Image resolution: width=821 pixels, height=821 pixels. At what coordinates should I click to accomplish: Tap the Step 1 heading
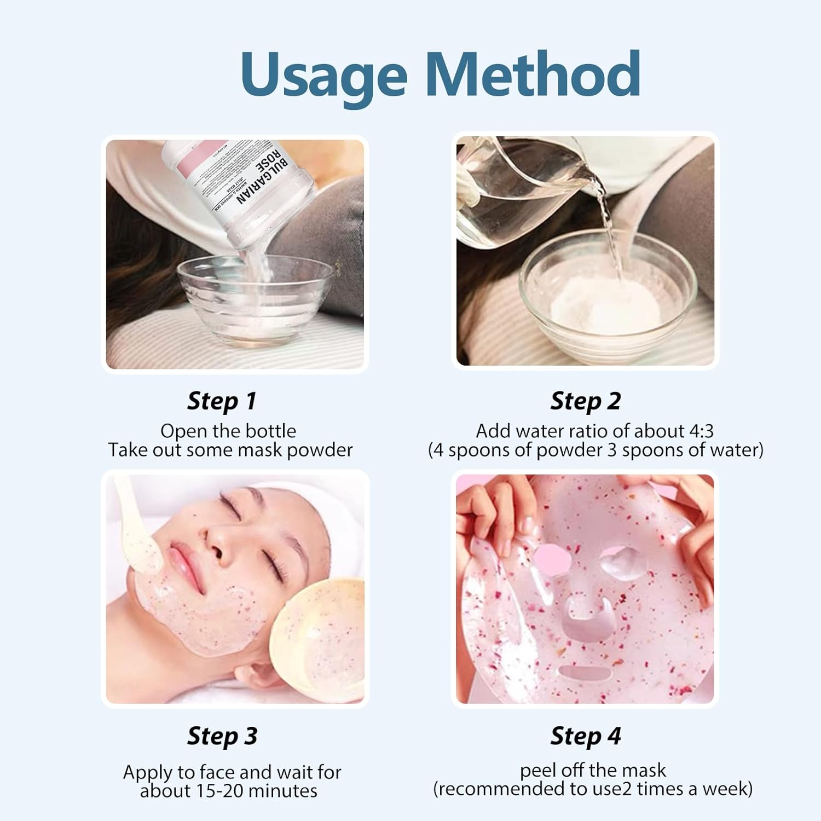pyautogui.click(x=222, y=401)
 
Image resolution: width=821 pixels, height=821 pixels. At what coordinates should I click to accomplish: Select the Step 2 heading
pyautogui.click(x=585, y=401)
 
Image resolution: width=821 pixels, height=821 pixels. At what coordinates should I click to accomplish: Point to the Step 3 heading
pyautogui.click(x=222, y=736)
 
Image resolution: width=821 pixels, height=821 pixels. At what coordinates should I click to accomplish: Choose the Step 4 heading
pyautogui.click(x=585, y=736)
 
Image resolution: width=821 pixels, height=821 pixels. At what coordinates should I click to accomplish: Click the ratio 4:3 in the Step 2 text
pyautogui.click(x=701, y=431)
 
